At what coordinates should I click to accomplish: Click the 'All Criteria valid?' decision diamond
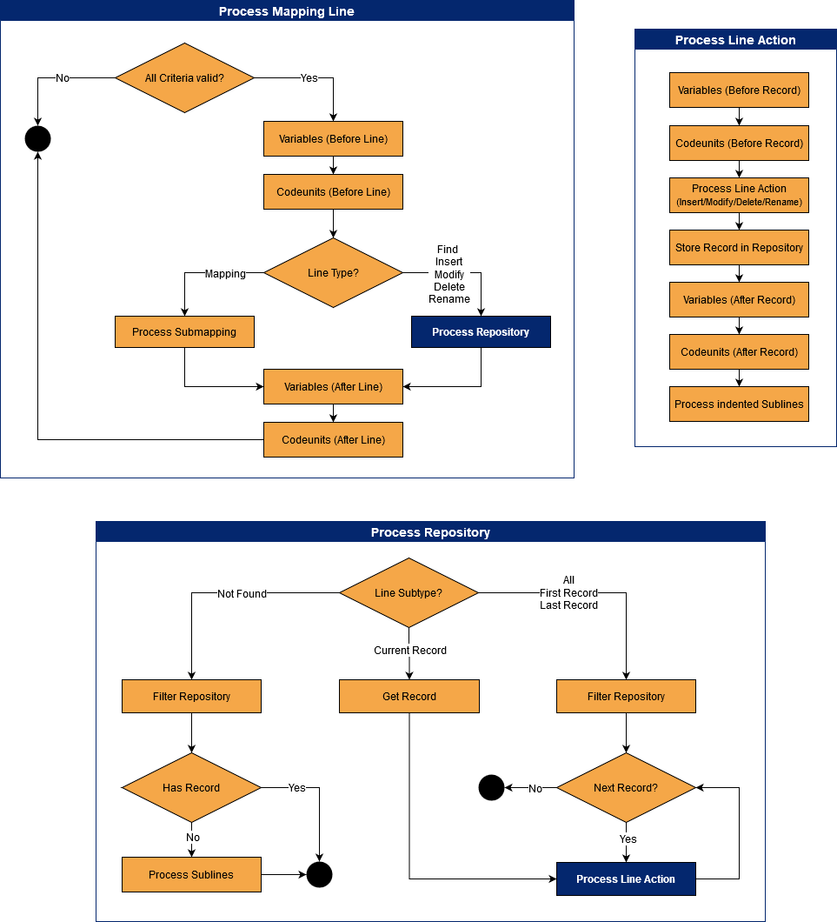point(184,78)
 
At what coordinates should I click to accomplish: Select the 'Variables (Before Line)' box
point(333,139)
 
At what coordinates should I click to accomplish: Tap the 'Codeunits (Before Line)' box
point(333,192)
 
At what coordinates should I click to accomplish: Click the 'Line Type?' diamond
point(333,273)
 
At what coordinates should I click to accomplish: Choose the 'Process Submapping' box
point(184,332)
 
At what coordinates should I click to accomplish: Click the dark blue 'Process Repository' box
point(481,332)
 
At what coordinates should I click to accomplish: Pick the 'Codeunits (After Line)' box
point(333,440)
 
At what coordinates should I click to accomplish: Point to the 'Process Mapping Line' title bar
point(287,11)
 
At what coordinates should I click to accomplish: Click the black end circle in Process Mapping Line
point(37,139)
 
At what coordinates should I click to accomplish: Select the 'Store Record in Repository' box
point(739,248)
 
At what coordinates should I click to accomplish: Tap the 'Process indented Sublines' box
point(739,404)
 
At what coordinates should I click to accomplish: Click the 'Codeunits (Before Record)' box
point(739,144)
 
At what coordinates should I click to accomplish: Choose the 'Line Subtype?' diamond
point(409,593)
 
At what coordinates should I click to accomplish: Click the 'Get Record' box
point(409,697)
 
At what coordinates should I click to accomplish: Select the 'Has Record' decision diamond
point(191,788)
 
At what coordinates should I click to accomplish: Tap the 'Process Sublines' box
point(191,875)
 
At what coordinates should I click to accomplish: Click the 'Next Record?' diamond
point(626,788)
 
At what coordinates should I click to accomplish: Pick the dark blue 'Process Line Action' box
point(626,879)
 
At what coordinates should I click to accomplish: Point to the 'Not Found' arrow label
point(242,594)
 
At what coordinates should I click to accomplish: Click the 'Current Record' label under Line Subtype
point(410,651)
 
